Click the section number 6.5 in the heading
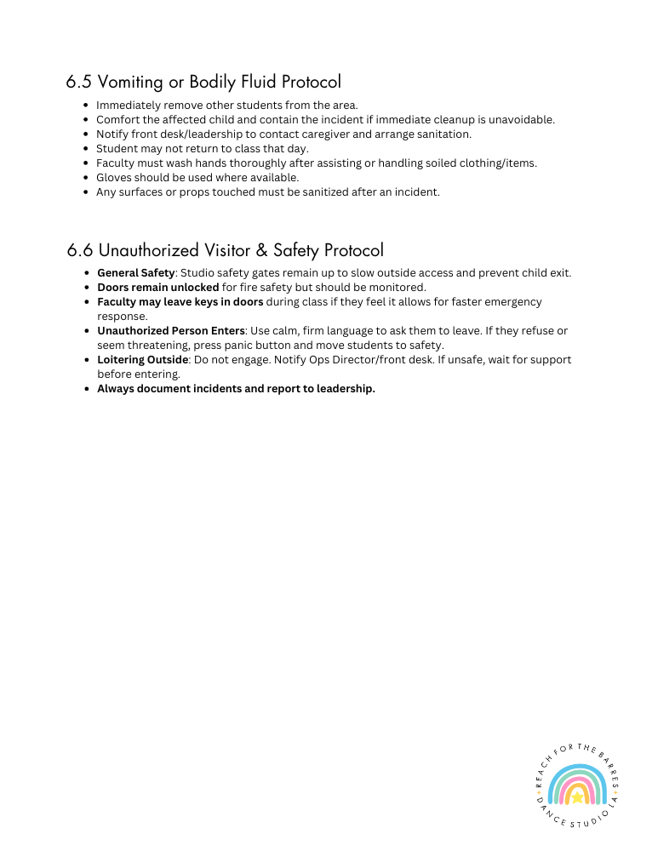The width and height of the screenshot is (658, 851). tap(79, 83)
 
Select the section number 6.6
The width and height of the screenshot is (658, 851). tap(80, 250)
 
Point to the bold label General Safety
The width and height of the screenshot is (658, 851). tap(135, 273)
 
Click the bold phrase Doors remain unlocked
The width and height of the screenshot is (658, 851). tap(157, 288)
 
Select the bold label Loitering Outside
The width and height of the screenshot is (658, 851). tap(142, 360)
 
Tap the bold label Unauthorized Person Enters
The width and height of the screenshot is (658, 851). tap(170, 331)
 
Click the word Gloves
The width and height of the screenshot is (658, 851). tap(114, 178)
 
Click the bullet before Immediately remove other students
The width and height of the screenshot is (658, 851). tap(87, 106)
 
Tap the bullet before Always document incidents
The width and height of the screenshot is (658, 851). tap(88, 389)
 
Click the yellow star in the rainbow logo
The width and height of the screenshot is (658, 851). tap(577, 797)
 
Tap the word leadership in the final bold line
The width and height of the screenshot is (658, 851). tap(345, 389)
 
